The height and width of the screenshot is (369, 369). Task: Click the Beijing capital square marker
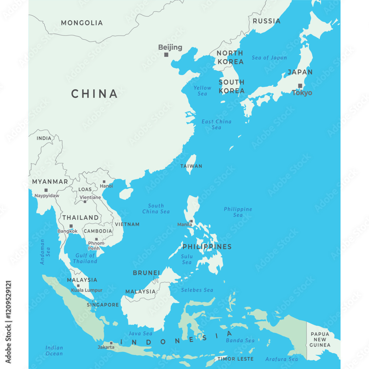(x=166, y=55)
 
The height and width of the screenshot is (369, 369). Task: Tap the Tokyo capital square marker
(x=300, y=86)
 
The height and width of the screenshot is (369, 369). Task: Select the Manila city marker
(x=191, y=221)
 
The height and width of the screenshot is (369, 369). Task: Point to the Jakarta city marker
(x=111, y=343)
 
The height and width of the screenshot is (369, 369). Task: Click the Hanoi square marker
(x=104, y=182)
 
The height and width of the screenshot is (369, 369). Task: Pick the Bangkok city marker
(x=71, y=226)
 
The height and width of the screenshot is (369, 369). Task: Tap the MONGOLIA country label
(x=82, y=23)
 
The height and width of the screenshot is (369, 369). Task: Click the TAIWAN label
(x=191, y=166)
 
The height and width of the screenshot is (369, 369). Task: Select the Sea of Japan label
(x=269, y=58)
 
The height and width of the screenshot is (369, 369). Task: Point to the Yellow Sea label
(x=202, y=91)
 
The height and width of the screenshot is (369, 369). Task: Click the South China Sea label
(x=156, y=208)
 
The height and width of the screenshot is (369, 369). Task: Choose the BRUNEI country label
(x=146, y=273)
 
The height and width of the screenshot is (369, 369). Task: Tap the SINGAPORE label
(x=103, y=305)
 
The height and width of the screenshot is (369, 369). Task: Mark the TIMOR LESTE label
(x=235, y=359)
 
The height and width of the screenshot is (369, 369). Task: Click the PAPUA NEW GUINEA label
(x=320, y=339)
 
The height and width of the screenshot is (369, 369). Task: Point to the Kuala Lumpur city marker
(x=78, y=286)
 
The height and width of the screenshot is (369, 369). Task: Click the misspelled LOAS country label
(x=85, y=189)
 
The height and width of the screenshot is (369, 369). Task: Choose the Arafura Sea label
(x=282, y=359)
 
